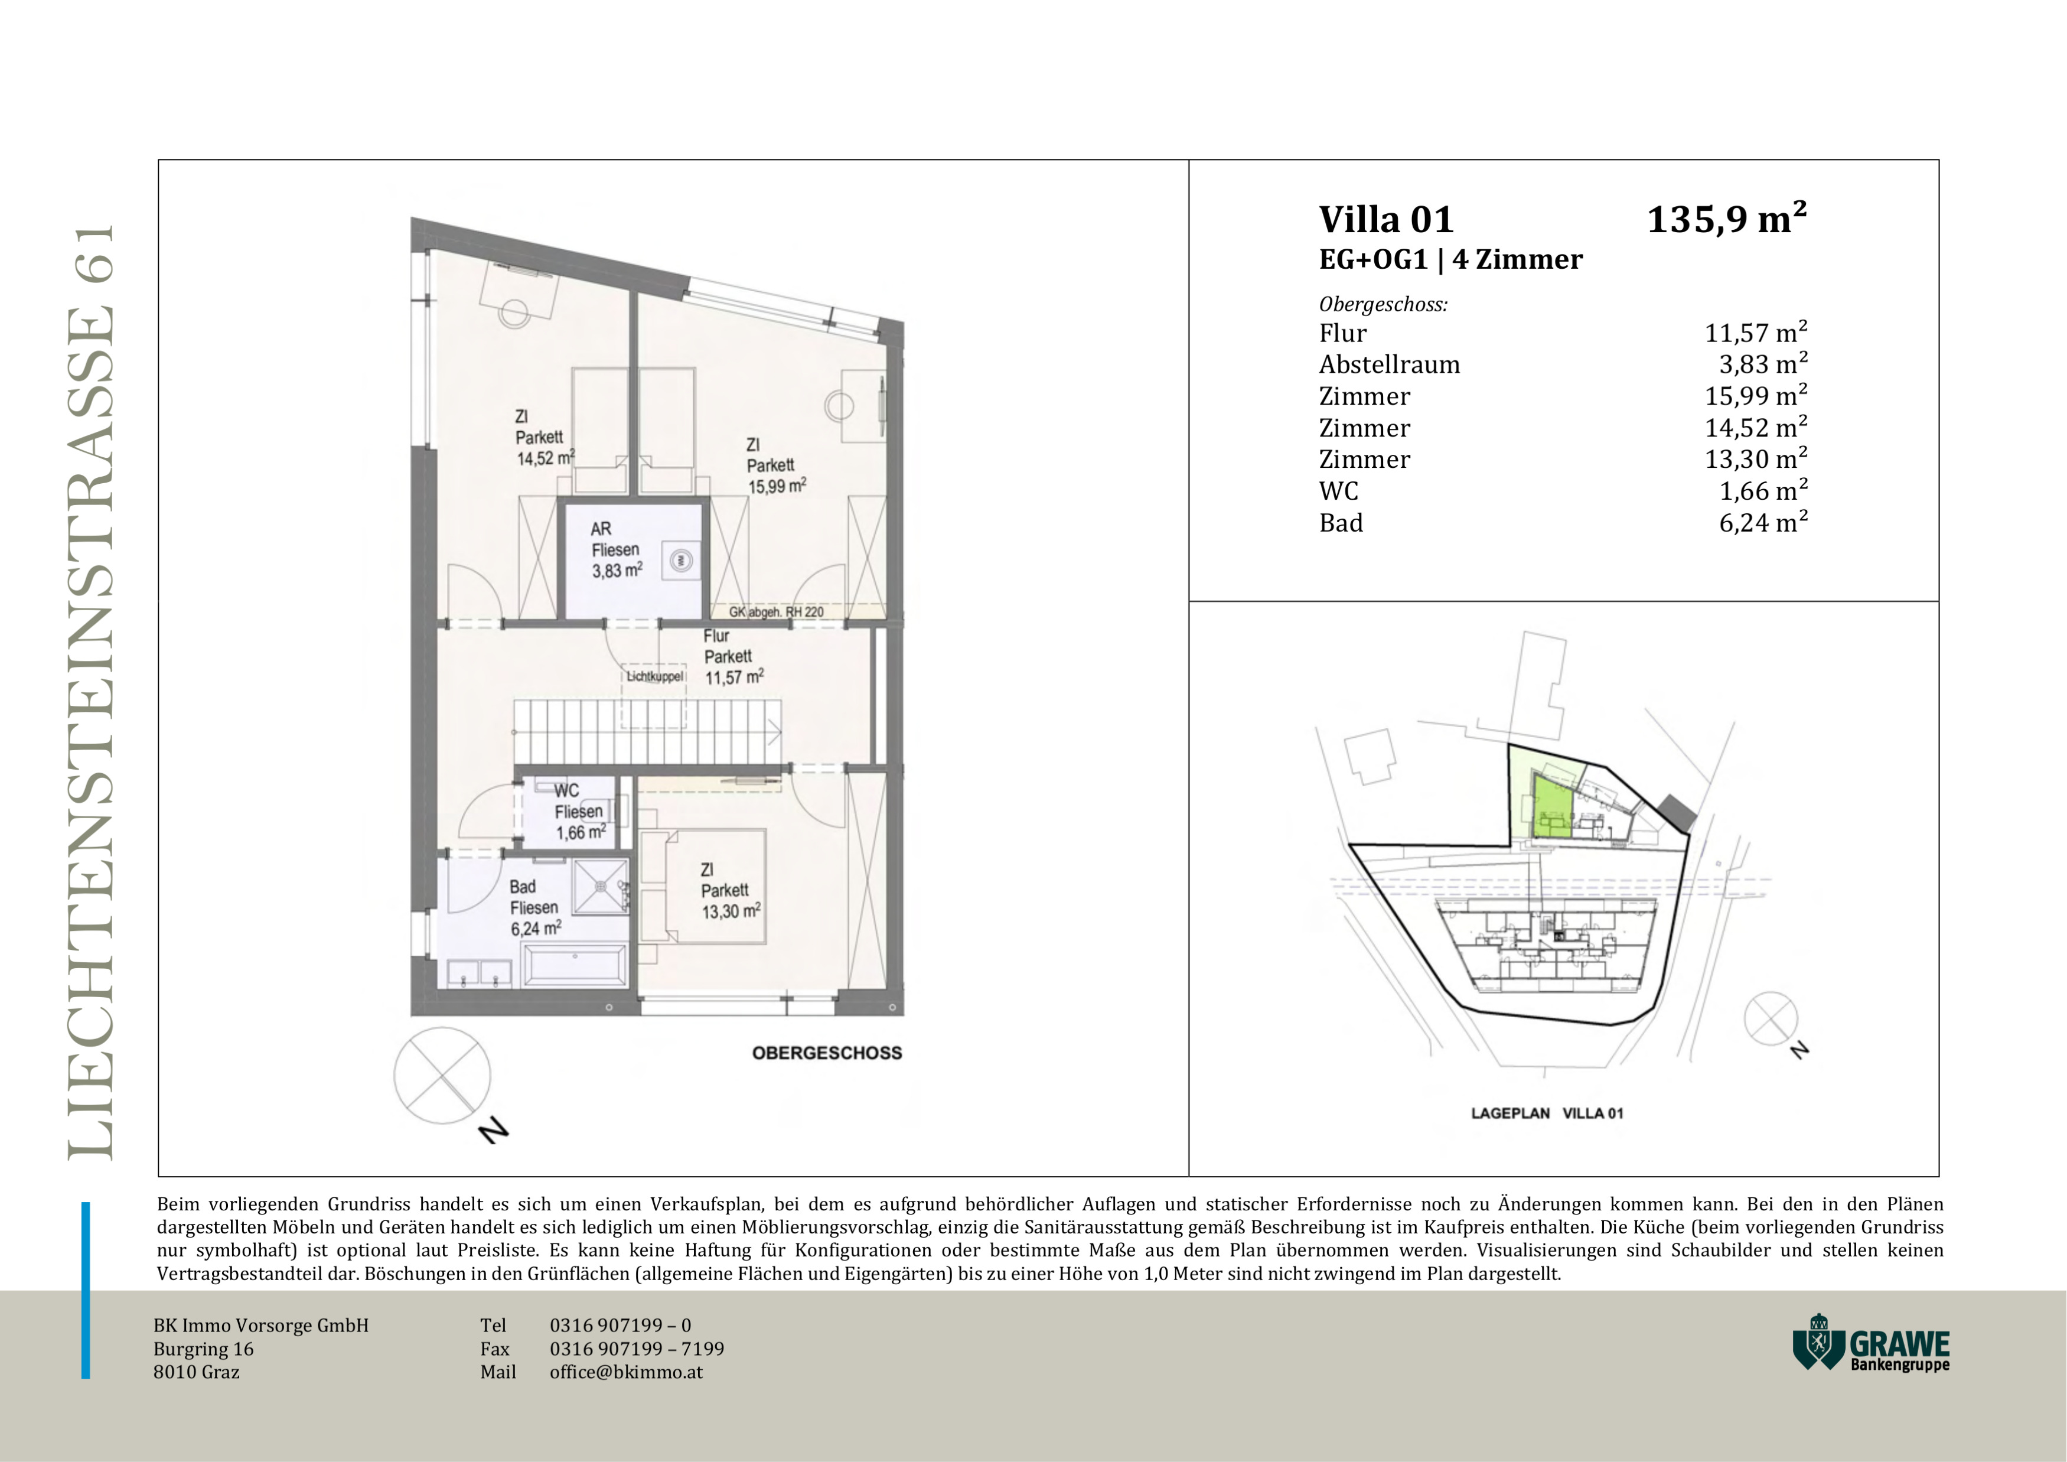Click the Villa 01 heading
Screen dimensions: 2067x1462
(1387, 220)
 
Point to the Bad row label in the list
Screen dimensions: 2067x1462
(1341, 523)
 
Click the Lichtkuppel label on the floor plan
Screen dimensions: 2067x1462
(654, 676)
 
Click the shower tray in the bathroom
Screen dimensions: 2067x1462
(601, 888)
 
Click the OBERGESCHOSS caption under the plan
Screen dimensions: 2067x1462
(826, 1053)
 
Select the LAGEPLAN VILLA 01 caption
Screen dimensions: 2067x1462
(1547, 1113)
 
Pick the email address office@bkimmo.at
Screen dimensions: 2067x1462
(625, 1372)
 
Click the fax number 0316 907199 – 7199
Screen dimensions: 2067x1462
(637, 1349)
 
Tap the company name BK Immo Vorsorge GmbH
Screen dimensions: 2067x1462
(261, 1325)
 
